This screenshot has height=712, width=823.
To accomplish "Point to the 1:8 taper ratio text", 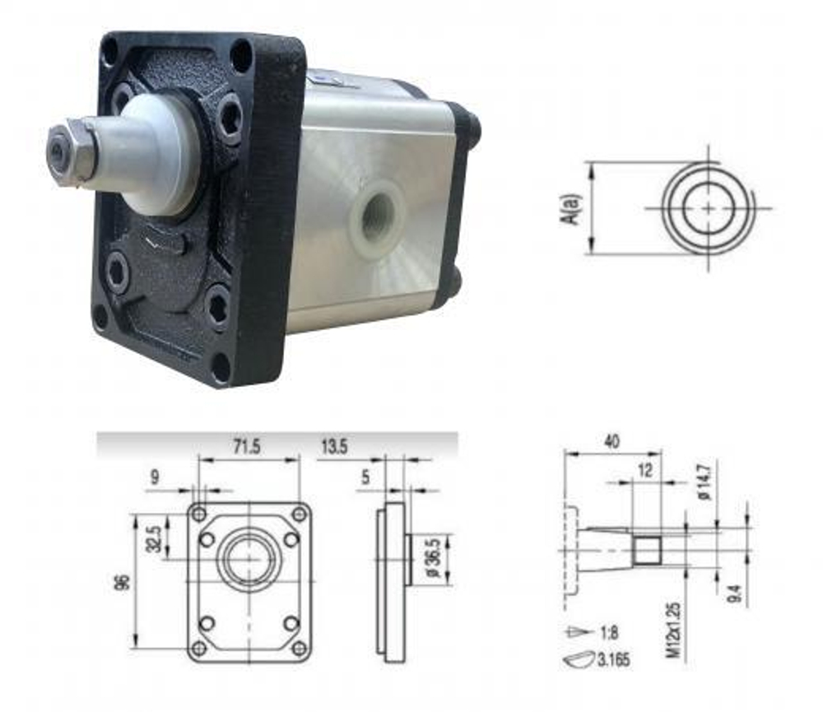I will tap(609, 633).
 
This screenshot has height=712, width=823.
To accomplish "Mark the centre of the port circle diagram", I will tap(709, 207).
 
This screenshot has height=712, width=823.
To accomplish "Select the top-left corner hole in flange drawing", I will tap(198, 513).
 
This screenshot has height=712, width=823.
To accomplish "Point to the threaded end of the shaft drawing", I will tap(648, 550).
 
